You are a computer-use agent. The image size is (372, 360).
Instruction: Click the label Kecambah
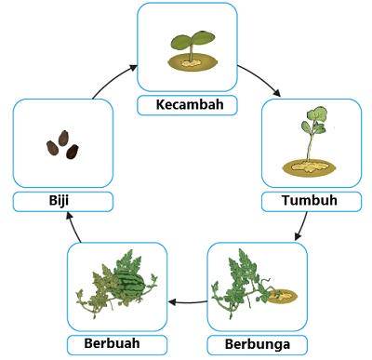(190, 104)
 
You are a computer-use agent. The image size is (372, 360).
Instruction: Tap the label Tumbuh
(310, 200)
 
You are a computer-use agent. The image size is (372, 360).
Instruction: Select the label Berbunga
(258, 344)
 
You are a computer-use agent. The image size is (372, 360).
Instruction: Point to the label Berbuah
(112, 343)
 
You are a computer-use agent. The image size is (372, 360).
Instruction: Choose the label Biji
(59, 201)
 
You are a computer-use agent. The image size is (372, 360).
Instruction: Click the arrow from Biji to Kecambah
(112, 79)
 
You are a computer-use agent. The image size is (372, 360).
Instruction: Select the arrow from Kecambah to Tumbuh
(261, 78)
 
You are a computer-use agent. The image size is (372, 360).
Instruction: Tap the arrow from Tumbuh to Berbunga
(302, 226)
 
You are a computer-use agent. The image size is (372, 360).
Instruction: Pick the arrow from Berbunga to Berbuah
(188, 301)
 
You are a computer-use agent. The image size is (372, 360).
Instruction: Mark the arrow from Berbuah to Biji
(73, 227)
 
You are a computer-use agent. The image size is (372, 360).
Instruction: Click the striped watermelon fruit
(127, 283)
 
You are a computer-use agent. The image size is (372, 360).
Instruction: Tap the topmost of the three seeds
(63, 139)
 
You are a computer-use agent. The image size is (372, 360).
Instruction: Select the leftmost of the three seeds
(52, 148)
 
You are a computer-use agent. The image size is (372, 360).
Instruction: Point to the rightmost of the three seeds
(73, 152)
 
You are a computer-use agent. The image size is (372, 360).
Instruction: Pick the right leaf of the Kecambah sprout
(203, 37)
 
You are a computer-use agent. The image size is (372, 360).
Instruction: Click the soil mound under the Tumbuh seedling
(309, 167)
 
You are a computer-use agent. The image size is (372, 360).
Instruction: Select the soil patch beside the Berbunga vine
(282, 296)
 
